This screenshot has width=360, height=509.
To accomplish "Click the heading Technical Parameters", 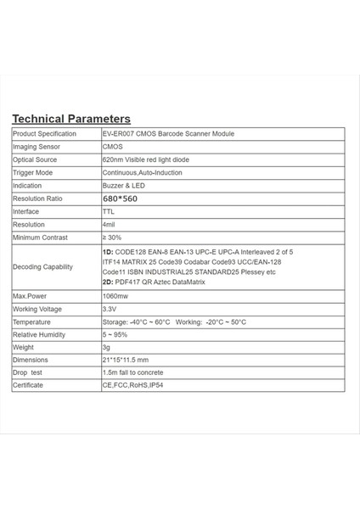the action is pyautogui.click(x=71, y=119).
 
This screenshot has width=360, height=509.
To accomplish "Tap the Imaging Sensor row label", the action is pyautogui.click(x=34, y=147).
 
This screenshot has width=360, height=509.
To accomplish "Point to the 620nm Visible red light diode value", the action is pyautogui.click(x=145, y=159).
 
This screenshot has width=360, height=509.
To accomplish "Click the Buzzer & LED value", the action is pyautogui.click(x=123, y=185).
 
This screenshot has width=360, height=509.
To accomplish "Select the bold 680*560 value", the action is pyautogui.click(x=119, y=199).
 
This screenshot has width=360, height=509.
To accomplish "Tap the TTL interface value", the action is pyautogui.click(x=108, y=211).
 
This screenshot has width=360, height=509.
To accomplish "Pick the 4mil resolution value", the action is pyautogui.click(x=109, y=224).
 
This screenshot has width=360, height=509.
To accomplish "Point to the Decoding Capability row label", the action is pyautogui.click(x=42, y=267).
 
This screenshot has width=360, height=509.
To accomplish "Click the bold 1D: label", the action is pyautogui.click(x=107, y=253).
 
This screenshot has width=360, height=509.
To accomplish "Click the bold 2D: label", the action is pyautogui.click(x=107, y=282).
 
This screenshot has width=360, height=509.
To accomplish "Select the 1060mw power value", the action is pyautogui.click(x=115, y=296).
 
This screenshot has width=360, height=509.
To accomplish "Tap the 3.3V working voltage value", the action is pyautogui.click(x=109, y=309).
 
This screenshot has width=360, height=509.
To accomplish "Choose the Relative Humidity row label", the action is pyautogui.click(x=39, y=335).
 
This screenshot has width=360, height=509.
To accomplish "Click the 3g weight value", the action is pyautogui.click(x=105, y=348).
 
